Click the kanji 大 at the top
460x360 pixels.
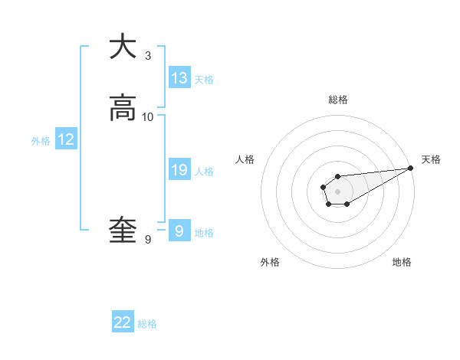click(123, 47)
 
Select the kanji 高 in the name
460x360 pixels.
click(123, 108)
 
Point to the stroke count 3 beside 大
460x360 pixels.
click(148, 56)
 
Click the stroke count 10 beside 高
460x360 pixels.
click(148, 117)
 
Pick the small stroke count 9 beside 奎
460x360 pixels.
click(148, 240)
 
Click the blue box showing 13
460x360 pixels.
click(179, 78)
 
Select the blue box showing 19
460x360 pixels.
click(179, 170)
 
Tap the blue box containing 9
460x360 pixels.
click(179, 231)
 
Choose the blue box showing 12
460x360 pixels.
click(66, 139)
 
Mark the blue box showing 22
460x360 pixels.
click(123, 323)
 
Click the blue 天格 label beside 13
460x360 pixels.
click(204, 80)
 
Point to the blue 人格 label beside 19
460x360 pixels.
click(204, 172)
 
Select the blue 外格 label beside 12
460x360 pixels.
click(41, 141)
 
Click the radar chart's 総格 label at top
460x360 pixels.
click(337, 100)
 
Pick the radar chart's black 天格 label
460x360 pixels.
click(431, 159)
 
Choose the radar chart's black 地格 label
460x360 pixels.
click(402, 263)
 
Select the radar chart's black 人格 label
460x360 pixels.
click(245, 159)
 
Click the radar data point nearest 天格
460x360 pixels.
click(411, 168)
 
